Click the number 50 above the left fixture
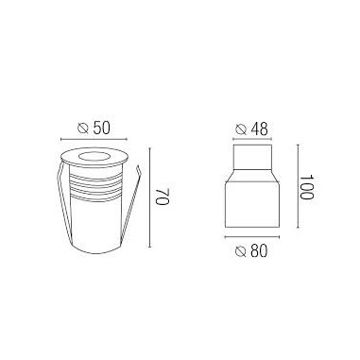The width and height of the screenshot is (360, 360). pyautogui.click(x=101, y=129)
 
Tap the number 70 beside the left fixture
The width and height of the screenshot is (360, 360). pyautogui.click(x=163, y=197)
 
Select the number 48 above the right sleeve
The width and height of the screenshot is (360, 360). pyautogui.click(x=260, y=129)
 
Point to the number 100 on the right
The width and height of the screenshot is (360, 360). pyautogui.click(x=306, y=187)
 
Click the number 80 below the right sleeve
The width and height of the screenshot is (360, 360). pyautogui.click(x=259, y=251)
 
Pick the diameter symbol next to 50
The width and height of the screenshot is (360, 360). pyautogui.click(x=83, y=129)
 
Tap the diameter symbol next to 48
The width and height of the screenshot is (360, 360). pyautogui.click(x=241, y=129)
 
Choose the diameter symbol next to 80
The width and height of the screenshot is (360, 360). pyautogui.click(x=241, y=251)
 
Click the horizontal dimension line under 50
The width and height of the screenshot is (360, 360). pyautogui.click(x=94, y=139)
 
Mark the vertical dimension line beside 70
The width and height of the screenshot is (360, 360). pyautogui.click(x=150, y=197)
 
